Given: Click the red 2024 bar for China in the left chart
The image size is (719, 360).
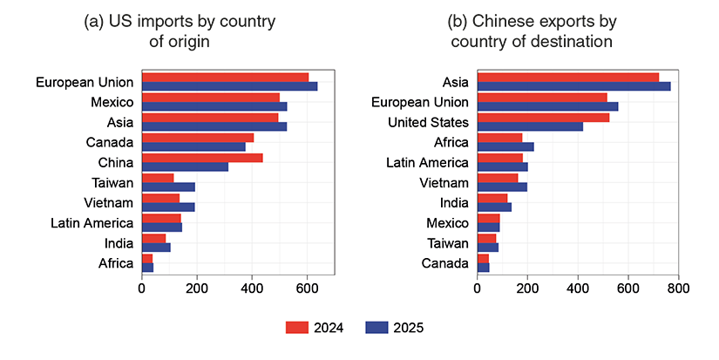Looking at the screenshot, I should (202, 158).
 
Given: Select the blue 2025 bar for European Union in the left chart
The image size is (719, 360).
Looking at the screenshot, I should (229, 86).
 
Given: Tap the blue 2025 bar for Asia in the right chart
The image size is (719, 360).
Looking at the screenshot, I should (573, 86).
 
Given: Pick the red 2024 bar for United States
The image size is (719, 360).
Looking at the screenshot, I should (543, 118).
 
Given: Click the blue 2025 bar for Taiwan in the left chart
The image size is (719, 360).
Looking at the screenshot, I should (168, 187).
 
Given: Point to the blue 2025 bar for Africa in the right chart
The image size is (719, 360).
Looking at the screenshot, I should (505, 146).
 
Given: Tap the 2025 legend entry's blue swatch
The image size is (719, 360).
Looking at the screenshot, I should (376, 328).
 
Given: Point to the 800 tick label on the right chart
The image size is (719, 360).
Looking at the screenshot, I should (678, 288).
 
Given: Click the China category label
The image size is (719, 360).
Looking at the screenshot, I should (115, 163).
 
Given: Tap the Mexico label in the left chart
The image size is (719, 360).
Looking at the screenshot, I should (112, 102).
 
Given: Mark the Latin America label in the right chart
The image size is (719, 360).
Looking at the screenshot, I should (427, 163).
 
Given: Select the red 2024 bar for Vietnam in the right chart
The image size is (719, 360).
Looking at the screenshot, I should (498, 178).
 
